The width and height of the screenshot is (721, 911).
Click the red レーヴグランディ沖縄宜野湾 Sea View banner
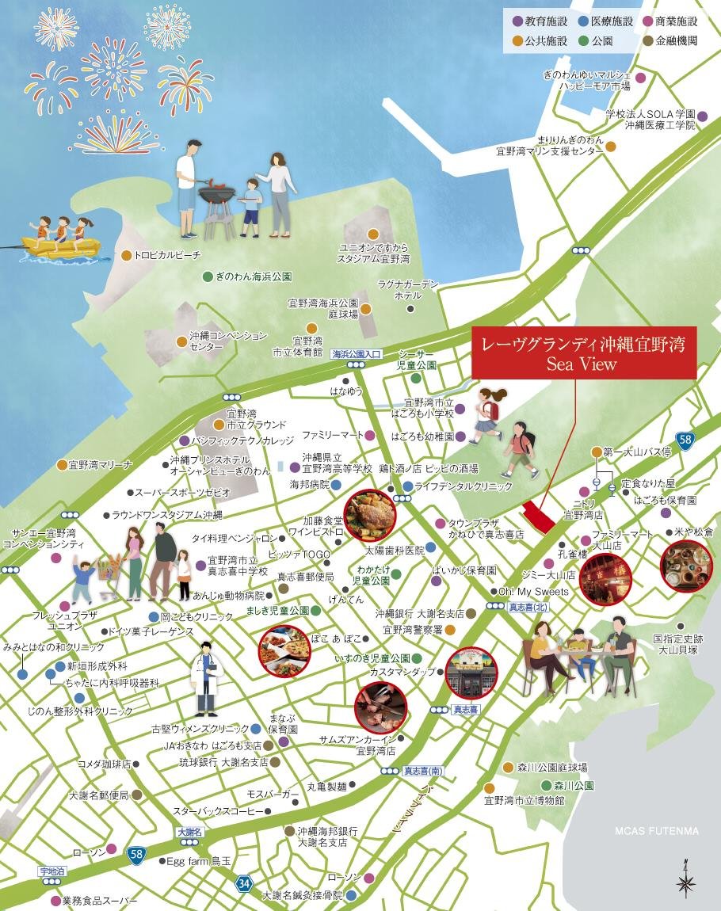point(584,353)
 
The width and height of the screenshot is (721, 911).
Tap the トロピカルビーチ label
point(168,255)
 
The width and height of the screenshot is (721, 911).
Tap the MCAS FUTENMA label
point(657,831)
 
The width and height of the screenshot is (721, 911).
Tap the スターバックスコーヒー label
point(218,812)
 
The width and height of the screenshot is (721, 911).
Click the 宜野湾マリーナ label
point(101,464)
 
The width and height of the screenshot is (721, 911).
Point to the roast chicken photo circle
point(369,516)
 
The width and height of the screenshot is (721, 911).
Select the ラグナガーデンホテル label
point(408,290)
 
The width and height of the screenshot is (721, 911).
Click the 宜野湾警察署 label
point(412,630)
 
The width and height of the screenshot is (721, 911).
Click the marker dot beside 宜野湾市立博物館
point(489,788)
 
